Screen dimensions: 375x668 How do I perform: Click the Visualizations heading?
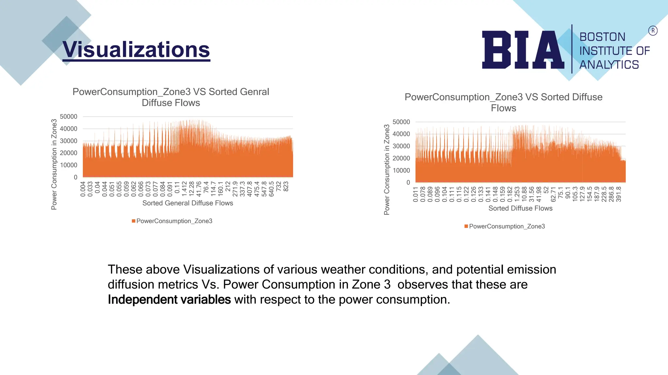136,50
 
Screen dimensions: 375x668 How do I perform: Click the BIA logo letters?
523,50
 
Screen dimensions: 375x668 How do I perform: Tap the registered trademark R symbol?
653,31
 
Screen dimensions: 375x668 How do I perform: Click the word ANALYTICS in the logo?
609,65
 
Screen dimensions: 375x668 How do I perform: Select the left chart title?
171,97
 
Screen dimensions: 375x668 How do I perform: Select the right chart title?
503,102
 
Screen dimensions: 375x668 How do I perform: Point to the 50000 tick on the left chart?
68,117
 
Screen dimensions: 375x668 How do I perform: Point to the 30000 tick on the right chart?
401,146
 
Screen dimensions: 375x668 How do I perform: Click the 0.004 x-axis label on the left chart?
83,189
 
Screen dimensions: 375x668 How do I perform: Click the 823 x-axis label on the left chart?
286,187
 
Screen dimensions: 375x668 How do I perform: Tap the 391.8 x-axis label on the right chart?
619,194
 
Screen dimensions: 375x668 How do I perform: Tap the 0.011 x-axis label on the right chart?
416,194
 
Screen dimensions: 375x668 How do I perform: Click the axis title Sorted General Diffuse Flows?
188,203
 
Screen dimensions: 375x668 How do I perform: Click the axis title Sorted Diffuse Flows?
520,208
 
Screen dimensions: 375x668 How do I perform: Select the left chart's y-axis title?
54,164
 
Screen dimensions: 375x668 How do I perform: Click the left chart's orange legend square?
133,221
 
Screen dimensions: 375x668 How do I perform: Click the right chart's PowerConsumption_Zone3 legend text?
507,226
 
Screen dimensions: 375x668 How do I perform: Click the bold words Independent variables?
169,299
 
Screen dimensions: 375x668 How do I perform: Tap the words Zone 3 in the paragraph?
371,285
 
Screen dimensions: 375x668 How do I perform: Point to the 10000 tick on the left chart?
68,165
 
